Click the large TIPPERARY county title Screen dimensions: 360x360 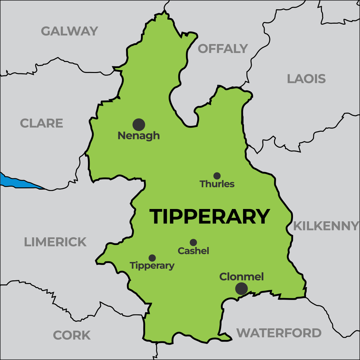click(x=209, y=217)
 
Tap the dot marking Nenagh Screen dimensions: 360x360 click(x=139, y=124)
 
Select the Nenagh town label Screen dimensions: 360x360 click(x=139, y=136)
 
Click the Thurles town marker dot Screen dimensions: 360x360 click(x=217, y=176)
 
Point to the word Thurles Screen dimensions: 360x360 click(x=217, y=184)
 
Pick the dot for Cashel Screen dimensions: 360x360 click(x=193, y=242)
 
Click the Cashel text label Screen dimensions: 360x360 click(x=193, y=251)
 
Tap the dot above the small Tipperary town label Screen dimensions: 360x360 click(x=152, y=258)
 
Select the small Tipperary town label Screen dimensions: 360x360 click(x=152, y=266)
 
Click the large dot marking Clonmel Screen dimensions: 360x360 click(x=241, y=289)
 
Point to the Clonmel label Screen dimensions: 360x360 click(x=242, y=277)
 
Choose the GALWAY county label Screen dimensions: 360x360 click(x=69, y=31)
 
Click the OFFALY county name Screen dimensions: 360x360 click(x=223, y=49)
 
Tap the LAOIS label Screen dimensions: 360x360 click(x=306, y=79)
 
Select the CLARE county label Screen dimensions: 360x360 click(x=41, y=123)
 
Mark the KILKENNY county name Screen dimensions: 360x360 click(x=325, y=226)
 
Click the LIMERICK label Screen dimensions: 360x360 click(x=55, y=242)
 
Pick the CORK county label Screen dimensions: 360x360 click(x=72, y=335)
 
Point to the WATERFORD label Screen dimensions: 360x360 click(x=279, y=333)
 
